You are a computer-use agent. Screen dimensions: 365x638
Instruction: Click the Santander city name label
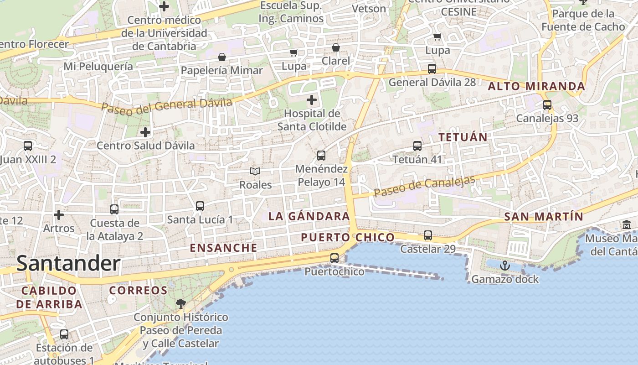[x=68, y=264]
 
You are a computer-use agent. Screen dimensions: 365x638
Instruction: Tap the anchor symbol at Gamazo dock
[x=504, y=266]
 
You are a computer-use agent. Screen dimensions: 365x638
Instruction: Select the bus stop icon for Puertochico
[x=334, y=258]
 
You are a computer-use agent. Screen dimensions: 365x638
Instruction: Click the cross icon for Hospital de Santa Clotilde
[x=312, y=99]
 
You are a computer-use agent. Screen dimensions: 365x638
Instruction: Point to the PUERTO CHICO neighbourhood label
[x=348, y=237]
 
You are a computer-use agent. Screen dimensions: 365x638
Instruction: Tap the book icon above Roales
[x=255, y=171]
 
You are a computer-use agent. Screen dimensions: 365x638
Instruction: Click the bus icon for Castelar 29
[x=428, y=235]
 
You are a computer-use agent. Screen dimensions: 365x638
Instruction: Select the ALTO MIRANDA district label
[x=536, y=86]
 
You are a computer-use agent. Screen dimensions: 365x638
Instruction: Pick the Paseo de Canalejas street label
[x=424, y=187]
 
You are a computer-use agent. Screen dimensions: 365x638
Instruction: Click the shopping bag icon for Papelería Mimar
[x=222, y=57]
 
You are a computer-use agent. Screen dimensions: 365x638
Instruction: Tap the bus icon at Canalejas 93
[x=547, y=105]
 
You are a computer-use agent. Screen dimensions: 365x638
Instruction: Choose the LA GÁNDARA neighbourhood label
[x=309, y=216]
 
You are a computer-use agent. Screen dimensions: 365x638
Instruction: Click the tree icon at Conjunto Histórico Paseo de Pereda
[x=181, y=303]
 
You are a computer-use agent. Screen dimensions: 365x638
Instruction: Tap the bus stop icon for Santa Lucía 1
[x=200, y=206]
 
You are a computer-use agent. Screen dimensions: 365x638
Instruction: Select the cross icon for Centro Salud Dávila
[x=145, y=132]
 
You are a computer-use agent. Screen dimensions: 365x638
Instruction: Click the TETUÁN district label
[x=463, y=137]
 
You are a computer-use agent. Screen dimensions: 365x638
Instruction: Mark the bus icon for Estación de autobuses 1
[x=64, y=334]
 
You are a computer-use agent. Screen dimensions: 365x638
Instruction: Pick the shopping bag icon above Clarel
[x=336, y=47]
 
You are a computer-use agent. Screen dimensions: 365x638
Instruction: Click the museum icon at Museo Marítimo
[x=626, y=224]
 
